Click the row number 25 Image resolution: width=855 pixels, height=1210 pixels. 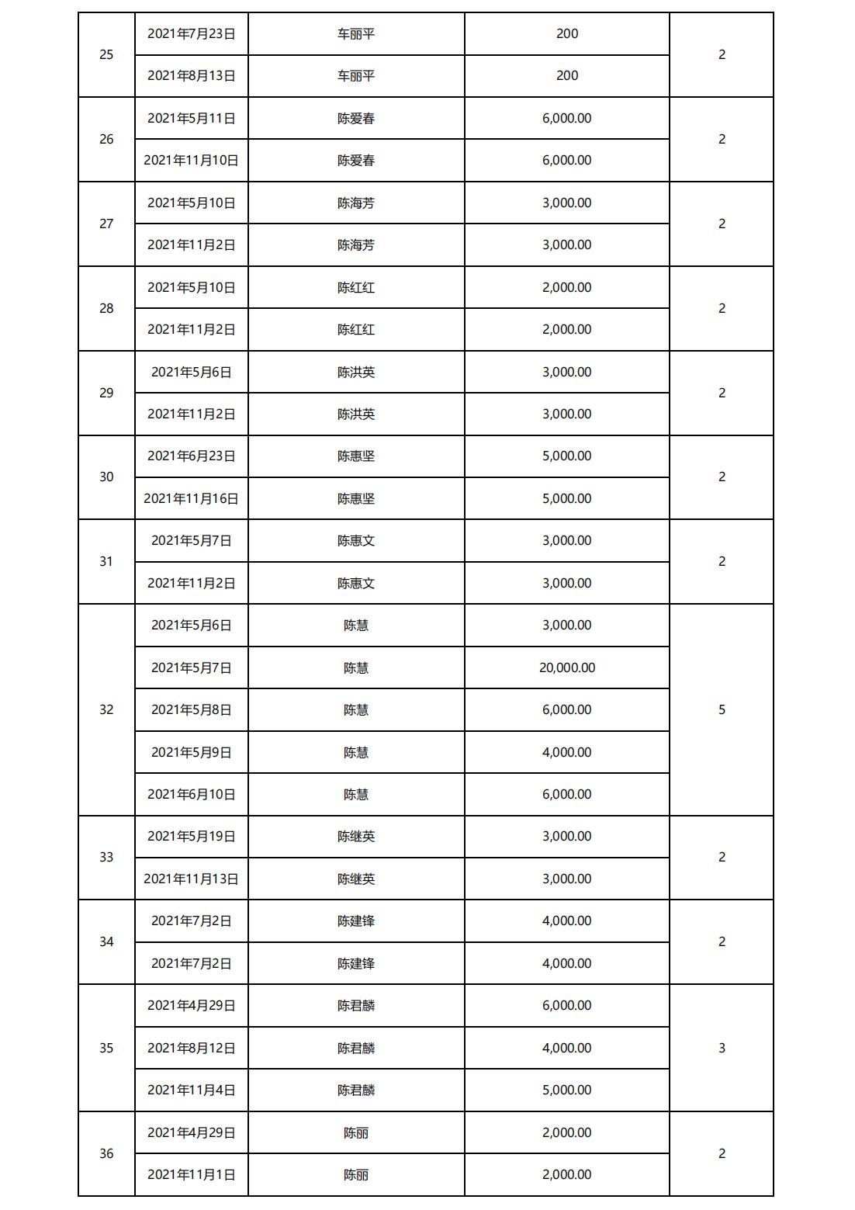106,54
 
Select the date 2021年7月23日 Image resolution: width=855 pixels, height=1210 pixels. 192,33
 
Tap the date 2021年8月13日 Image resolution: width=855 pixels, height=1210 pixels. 192,75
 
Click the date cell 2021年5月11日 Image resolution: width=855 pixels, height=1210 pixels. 192,118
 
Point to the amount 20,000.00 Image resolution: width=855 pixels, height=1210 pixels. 567,667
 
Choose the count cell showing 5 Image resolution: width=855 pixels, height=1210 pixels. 722,709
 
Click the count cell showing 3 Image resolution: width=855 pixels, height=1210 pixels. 722,1048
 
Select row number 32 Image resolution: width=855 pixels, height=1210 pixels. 106,709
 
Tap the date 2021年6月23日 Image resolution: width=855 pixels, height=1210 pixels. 192,456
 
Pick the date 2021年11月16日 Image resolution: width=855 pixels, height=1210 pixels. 192,498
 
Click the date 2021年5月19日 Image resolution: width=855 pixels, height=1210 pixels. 192,836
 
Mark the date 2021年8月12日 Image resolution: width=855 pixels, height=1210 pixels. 192,1048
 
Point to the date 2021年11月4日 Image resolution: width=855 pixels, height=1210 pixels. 192,1090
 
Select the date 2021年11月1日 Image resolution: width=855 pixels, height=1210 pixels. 192,1174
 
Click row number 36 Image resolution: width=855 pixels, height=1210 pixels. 106,1153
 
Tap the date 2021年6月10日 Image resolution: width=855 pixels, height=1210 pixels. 192,794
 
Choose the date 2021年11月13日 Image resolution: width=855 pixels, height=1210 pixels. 192,879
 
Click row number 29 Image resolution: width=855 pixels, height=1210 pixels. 106,393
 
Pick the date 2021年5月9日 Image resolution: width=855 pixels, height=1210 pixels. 192,752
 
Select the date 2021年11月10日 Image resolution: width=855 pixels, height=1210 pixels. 192,160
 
